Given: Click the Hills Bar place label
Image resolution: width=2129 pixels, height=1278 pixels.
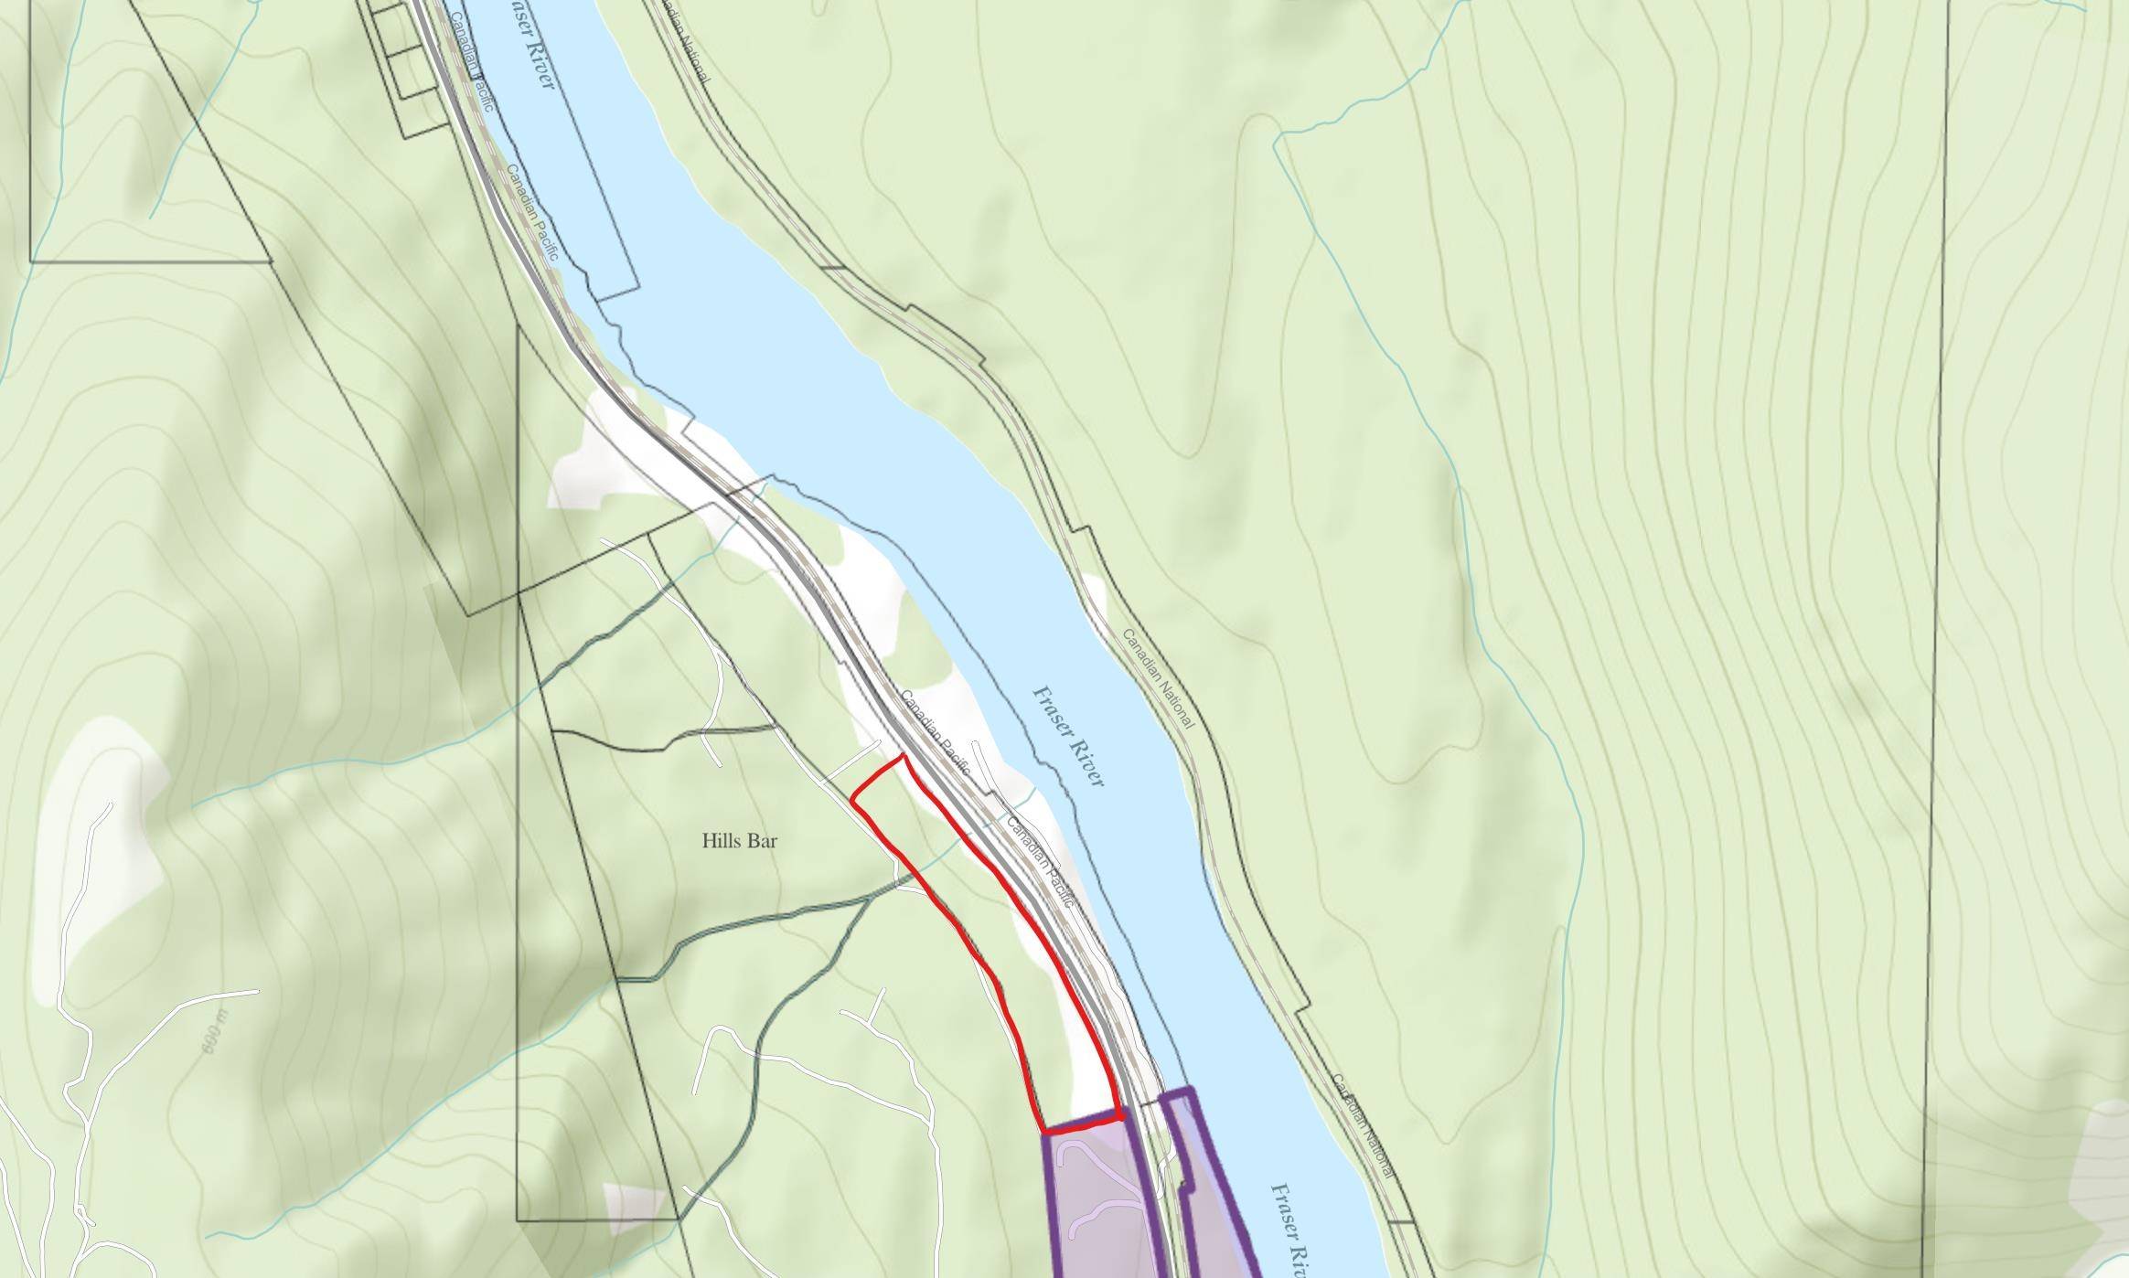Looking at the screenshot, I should click(x=740, y=841).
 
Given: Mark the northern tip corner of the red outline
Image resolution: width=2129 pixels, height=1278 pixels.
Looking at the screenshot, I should click(x=903, y=756).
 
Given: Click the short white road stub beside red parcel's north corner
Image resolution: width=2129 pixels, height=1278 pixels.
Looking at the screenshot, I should click(x=851, y=761).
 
